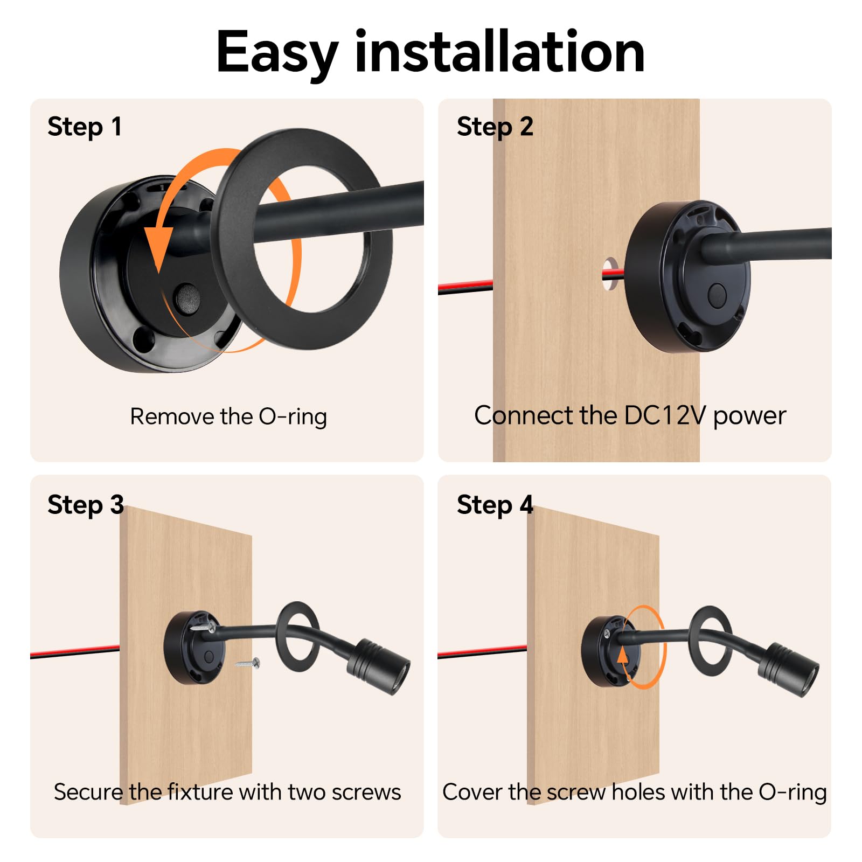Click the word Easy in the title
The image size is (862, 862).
pos(277,53)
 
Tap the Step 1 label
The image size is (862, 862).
pos(85,127)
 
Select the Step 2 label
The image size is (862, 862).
pos(495,127)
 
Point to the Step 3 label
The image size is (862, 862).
pos(86,505)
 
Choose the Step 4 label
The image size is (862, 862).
pos(495,505)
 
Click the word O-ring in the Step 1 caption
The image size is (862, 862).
pos(293,416)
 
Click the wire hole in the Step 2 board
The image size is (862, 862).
pos(610,274)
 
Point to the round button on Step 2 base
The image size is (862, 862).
pos(717,295)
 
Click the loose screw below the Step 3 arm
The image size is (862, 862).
pos(248,663)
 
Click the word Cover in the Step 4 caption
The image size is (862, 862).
pos(472,792)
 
